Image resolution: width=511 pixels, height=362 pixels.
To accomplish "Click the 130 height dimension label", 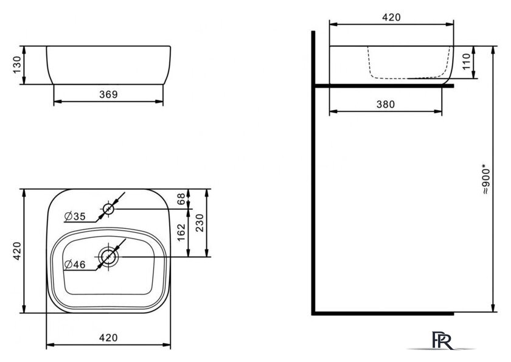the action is pyautogui.click(x=16, y=65).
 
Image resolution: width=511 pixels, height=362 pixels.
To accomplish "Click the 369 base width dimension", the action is pyautogui.click(x=108, y=94).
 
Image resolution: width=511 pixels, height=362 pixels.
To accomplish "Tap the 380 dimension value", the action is pyautogui.click(x=386, y=104).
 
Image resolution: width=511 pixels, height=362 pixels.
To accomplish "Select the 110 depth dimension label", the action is pyautogui.click(x=467, y=61).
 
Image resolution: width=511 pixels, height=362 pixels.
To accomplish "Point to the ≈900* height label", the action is pyautogui.click(x=485, y=181).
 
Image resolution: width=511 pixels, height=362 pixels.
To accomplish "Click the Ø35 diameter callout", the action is pyautogui.click(x=75, y=216).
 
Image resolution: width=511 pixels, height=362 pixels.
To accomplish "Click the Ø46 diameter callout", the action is pyautogui.click(x=75, y=264).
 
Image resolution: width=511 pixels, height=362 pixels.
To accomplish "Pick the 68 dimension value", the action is pyautogui.click(x=181, y=198).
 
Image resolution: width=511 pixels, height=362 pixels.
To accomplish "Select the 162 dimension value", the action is pyautogui.click(x=181, y=232).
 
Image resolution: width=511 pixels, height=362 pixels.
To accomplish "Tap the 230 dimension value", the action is pyautogui.click(x=199, y=223).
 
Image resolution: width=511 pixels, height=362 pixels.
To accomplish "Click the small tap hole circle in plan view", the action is pyautogui.click(x=108, y=209).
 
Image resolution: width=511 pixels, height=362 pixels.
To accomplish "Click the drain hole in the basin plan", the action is pyautogui.click(x=108, y=257).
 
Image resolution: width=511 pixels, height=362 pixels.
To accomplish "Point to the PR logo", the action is pyautogui.click(x=442, y=341).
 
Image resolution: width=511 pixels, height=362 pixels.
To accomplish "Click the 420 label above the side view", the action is pyautogui.click(x=391, y=17).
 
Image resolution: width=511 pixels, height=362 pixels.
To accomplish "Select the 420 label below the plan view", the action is pyautogui.click(x=108, y=338).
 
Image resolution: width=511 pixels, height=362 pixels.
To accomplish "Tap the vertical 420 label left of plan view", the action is pyautogui.click(x=16, y=251).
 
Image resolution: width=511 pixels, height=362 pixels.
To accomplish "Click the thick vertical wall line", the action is pyautogui.click(x=313, y=173).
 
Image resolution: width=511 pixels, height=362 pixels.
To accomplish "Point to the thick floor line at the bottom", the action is pyautogui.click(x=383, y=313).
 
